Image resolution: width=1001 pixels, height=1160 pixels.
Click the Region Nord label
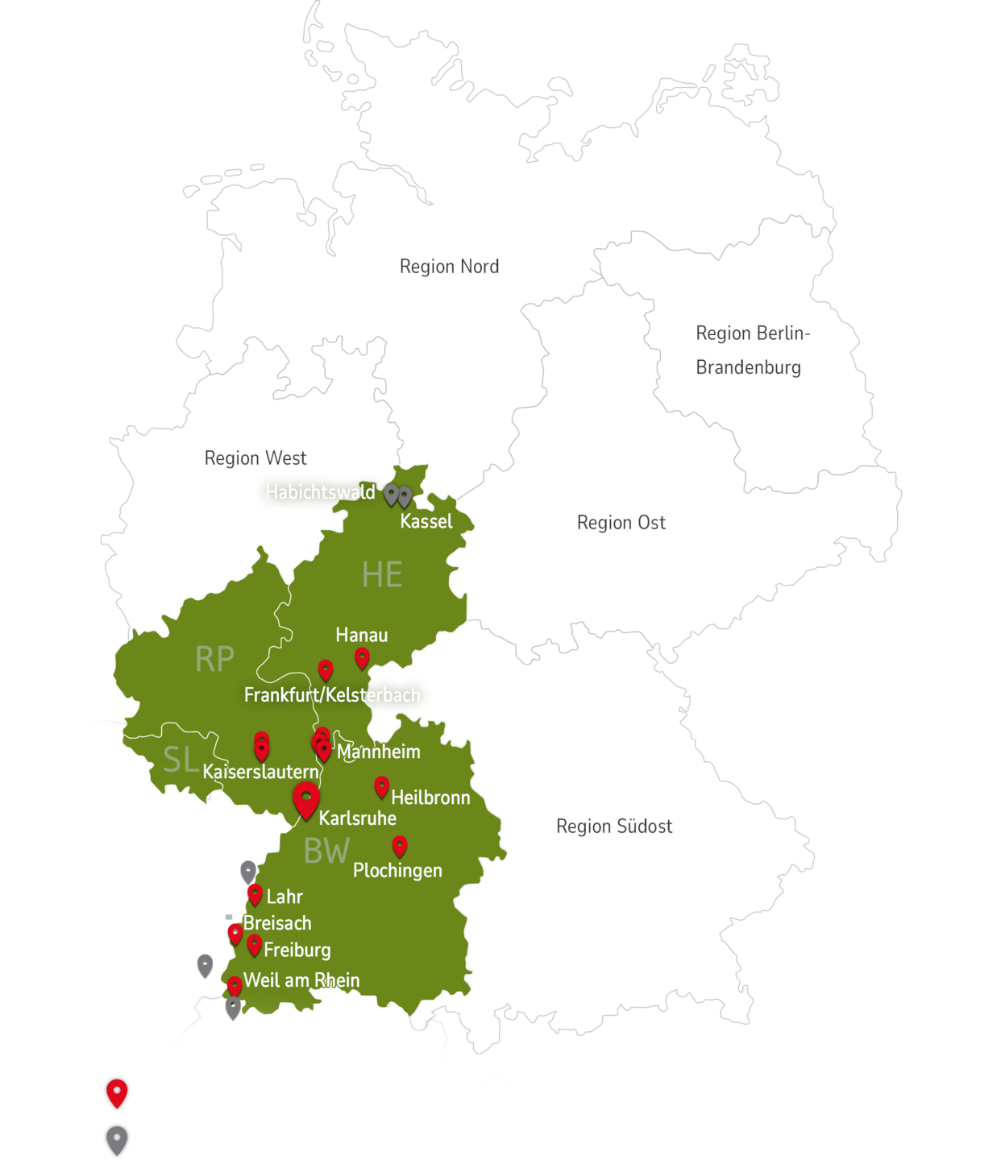tap(449, 267)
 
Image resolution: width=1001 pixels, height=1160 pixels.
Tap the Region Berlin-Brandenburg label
tap(751, 350)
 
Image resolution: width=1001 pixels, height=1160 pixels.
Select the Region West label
tap(255, 458)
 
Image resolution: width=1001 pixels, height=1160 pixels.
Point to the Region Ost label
tap(621, 523)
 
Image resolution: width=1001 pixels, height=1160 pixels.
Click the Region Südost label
tap(613, 826)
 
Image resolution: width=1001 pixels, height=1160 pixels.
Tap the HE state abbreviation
tap(381, 575)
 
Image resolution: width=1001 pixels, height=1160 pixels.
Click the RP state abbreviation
tap(214, 660)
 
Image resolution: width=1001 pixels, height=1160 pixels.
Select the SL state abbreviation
tap(181, 760)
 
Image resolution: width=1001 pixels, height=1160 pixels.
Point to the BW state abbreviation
tap(326, 851)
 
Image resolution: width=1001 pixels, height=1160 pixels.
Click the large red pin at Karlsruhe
tap(306, 799)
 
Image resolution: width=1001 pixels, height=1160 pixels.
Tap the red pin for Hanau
tap(362, 657)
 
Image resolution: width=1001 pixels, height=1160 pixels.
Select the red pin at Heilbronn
tap(382, 786)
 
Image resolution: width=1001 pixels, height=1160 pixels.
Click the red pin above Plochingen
tap(400, 845)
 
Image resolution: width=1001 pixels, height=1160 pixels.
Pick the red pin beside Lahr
tap(255, 893)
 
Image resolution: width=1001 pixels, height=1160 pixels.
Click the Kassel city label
tap(426, 522)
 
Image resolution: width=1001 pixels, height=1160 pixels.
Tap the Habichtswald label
tap(320, 492)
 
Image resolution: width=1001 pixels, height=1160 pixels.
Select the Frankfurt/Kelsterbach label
tap(332, 695)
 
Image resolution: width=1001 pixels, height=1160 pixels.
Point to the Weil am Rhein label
tap(301, 980)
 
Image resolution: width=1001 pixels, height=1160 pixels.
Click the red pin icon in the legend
tap(118, 1093)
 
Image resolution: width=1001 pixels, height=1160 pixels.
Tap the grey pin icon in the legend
tap(118, 1140)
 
